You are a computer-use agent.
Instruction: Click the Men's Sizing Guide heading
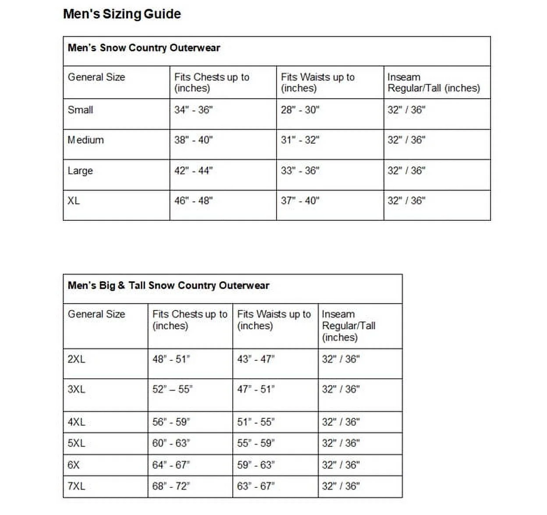pos(122,14)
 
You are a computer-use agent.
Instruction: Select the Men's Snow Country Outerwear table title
pos(144,48)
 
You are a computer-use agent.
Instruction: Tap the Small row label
pos(80,110)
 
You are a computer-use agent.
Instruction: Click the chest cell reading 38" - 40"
pos(193,140)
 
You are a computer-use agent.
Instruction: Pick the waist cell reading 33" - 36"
pos(300,170)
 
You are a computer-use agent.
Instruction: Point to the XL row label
pos(74,201)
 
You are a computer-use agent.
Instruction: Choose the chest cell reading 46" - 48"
pos(193,201)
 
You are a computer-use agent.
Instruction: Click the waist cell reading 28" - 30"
pos(300,110)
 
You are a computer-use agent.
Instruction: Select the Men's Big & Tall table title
pos(168,286)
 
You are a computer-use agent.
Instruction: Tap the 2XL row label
pos(76,359)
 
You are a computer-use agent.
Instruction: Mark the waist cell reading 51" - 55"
pos(256,422)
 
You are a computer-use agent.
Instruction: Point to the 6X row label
pos(74,465)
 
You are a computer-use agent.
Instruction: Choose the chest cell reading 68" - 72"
pos(171,486)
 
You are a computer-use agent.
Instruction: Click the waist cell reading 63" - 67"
pos(256,486)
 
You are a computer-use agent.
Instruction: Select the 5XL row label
pos(76,443)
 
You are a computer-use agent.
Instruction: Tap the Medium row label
pos(85,140)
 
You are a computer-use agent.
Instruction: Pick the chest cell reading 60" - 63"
pos(171,443)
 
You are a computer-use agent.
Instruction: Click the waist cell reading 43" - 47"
pos(256,359)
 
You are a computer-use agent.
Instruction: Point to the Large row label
pos(80,170)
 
